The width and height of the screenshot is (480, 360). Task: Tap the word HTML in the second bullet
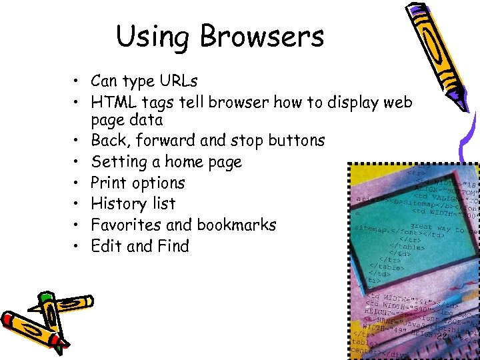pyautogui.click(x=111, y=102)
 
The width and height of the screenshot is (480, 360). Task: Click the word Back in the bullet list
pyautogui.click(x=107, y=141)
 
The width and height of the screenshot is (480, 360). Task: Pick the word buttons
pyautogui.click(x=297, y=141)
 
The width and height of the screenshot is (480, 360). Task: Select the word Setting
pyautogui.click(x=117, y=162)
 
